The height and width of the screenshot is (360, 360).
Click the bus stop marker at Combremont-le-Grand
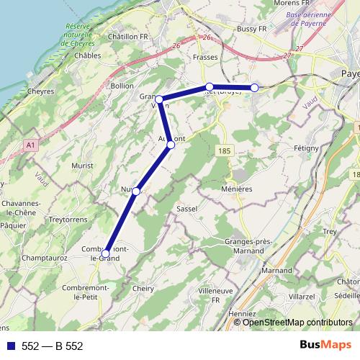(106, 253)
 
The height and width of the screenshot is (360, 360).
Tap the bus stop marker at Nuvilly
(135, 191)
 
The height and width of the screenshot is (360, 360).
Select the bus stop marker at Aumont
(171, 145)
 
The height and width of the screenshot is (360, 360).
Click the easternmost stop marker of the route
(254, 88)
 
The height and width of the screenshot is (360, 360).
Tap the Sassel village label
(186, 208)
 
